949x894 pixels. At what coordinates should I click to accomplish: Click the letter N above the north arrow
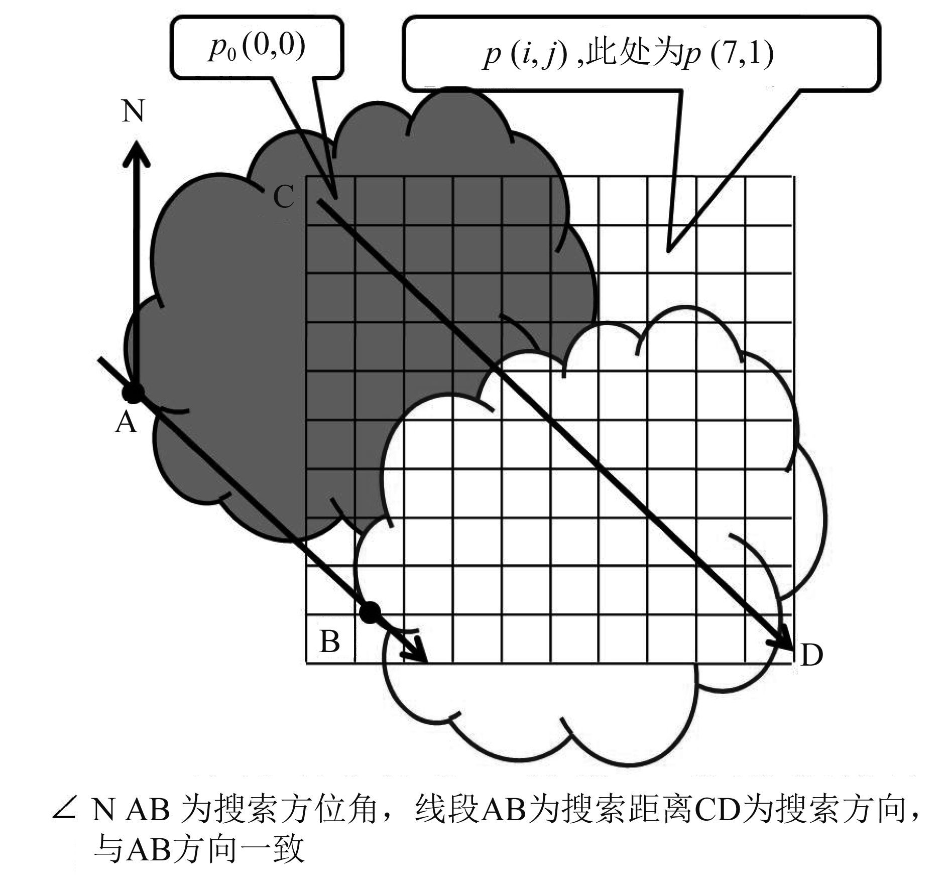pyautogui.click(x=133, y=111)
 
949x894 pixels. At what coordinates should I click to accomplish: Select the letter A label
pyautogui.click(x=126, y=422)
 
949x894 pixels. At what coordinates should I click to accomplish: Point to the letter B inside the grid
pyautogui.click(x=329, y=641)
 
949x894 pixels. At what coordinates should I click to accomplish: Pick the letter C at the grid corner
pyautogui.click(x=284, y=197)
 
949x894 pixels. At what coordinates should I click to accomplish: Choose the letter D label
pyautogui.click(x=811, y=655)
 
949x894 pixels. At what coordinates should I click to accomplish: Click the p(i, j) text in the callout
pyautogui.click(x=525, y=55)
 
